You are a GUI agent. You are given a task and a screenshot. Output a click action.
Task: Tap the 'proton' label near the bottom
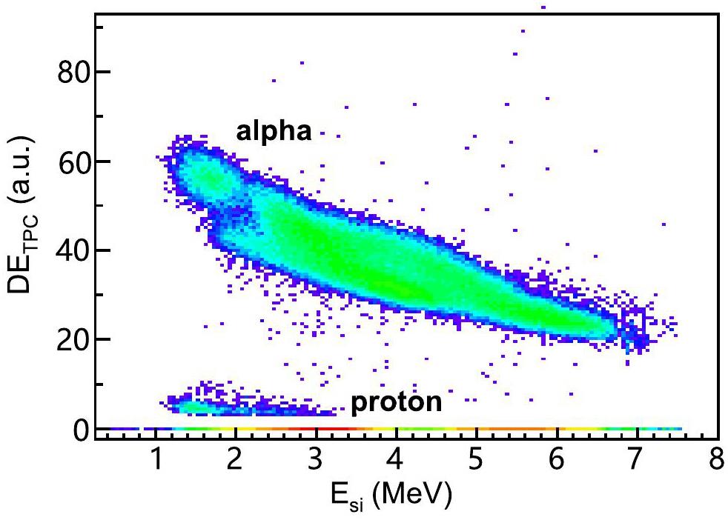(x=397, y=403)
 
